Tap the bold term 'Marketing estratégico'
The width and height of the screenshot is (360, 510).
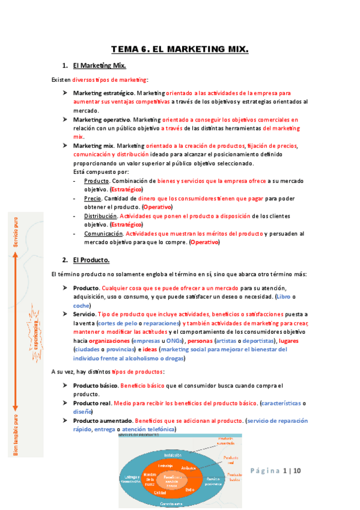[103, 93]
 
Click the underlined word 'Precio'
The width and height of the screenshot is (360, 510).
[93, 198]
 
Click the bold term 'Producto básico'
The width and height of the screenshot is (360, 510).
[95, 385]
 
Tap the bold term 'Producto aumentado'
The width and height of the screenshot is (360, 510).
[102, 420]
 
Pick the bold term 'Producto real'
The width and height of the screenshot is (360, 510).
[91, 403]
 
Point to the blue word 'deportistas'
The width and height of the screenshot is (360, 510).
[256, 340]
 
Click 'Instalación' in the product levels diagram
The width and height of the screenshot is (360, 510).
[172, 455]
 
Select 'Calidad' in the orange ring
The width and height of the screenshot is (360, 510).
[159, 492]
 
